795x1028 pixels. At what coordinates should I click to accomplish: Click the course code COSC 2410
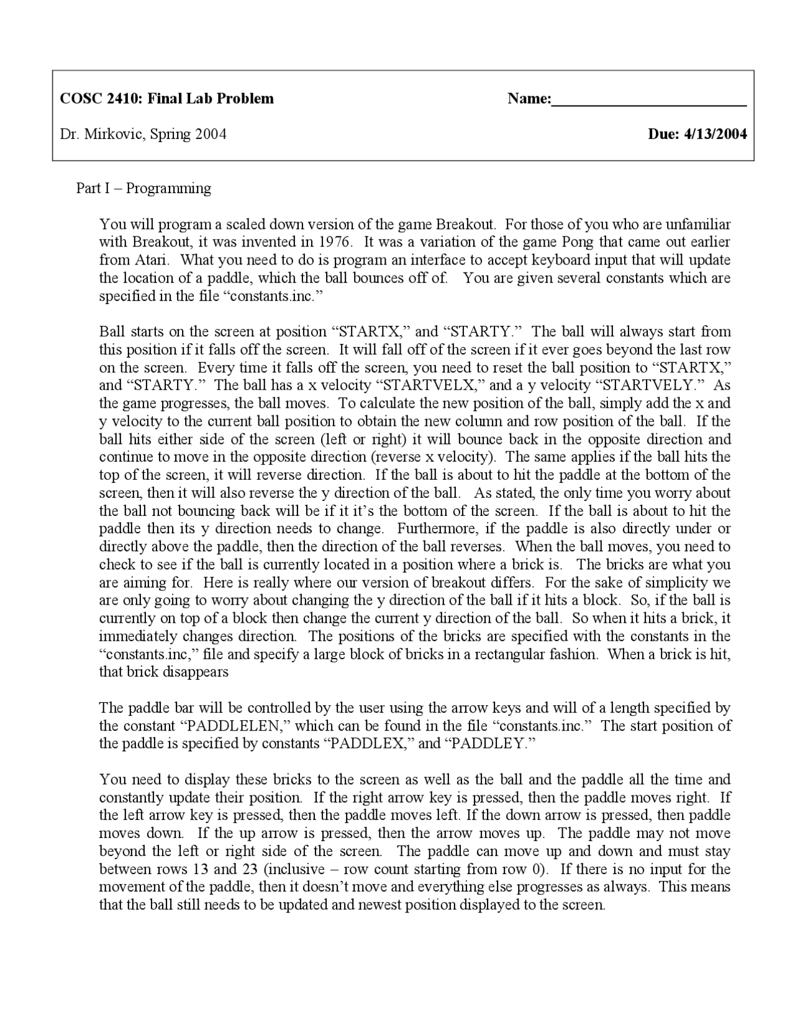[x=100, y=99]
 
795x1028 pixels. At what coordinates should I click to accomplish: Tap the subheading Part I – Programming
[x=143, y=188]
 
